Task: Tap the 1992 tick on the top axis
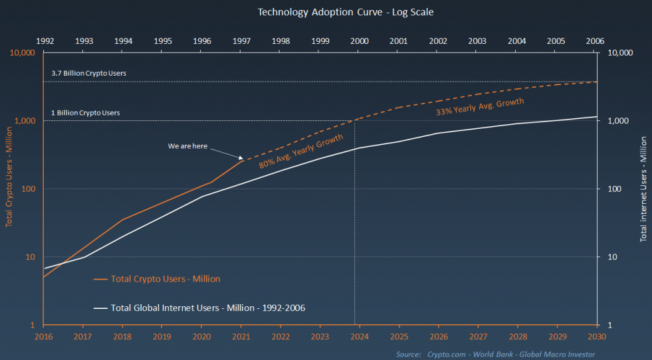click(45, 41)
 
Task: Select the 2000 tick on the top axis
click(360, 41)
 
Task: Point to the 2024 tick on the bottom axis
click(360, 337)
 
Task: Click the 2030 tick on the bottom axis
click(596, 337)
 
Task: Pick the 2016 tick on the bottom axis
click(44, 337)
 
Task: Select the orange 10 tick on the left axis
click(30, 257)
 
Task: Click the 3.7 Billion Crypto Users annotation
click(88, 73)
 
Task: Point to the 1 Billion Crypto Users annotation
click(85, 113)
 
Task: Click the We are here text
click(187, 145)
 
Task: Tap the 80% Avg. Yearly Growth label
click(300, 151)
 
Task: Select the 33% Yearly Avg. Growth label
click(480, 107)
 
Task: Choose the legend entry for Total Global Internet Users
click(207, 308)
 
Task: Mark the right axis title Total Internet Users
click(643, 189)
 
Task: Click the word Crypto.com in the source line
click(446, 354)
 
